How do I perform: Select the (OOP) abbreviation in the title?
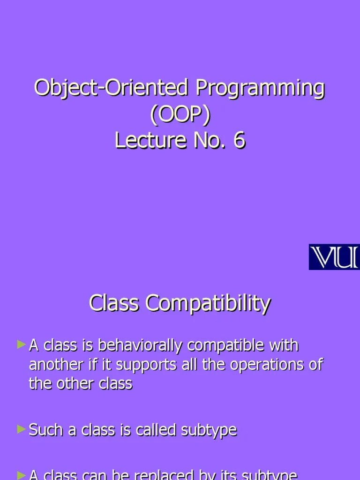coord(180,114)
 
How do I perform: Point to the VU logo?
coord(334,257)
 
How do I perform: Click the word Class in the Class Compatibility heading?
coord(114,303)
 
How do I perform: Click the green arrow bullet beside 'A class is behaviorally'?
coord(21,345)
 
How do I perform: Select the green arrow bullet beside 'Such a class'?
coord(21,428)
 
